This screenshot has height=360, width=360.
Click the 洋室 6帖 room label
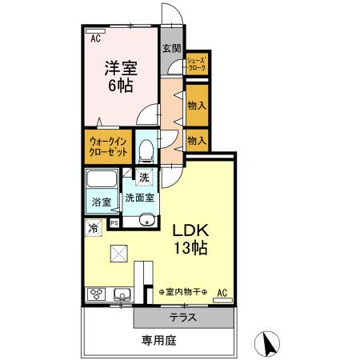point(121,77)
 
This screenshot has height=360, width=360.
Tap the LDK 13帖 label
point(190,239)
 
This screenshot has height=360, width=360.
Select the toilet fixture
point(146,151)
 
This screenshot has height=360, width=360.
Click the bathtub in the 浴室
point(102,179)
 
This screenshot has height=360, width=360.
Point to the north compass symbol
point(267,344)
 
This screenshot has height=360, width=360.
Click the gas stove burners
point(96,294)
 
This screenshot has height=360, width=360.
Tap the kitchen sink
point(122,294)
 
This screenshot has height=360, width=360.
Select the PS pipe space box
point(114,223)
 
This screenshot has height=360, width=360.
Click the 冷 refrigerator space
point(94,228)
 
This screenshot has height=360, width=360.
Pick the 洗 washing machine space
point(144,178)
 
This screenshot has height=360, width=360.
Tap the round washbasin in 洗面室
point(147,220)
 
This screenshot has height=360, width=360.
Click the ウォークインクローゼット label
point(108,146)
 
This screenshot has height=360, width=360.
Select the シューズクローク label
point(197,64)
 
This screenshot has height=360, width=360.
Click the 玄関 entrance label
point(172,48)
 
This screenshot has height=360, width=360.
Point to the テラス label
point(183,318)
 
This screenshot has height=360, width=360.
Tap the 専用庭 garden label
point(159,341)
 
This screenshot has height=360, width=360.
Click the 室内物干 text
point(183,292)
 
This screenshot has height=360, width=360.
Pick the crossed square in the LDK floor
point(119,254)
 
